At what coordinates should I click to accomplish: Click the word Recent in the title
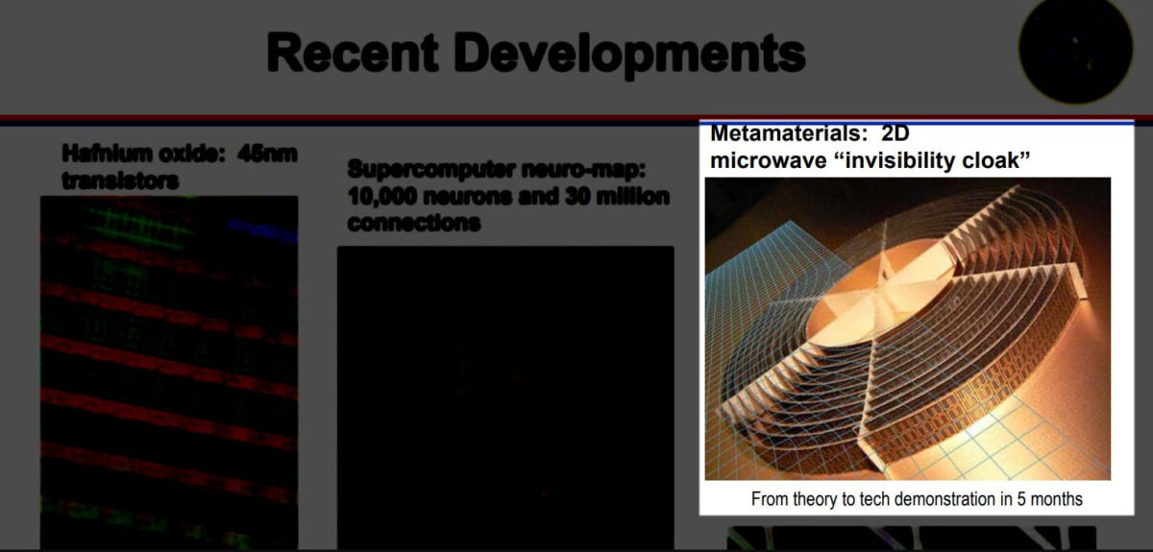(353, 53)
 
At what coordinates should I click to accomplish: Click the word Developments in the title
(629, 55)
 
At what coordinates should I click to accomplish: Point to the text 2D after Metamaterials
(895, 133)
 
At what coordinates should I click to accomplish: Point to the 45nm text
(268, 154)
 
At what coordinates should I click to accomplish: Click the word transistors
(120, 180)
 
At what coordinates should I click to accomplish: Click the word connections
(414, 223)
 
